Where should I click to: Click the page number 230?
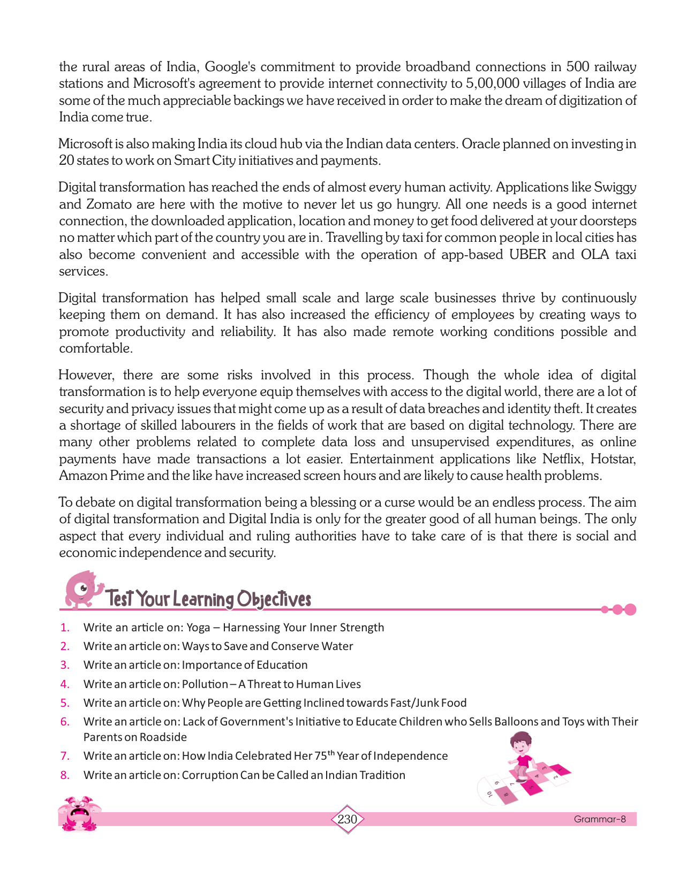tap(347, 819)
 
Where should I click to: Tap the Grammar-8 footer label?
tap(599, 819)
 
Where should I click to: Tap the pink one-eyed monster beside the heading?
tap(81, 589)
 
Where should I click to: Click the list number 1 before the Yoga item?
tap(65, 628)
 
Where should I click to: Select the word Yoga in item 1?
tap(198, 628)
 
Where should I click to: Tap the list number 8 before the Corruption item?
tap(65, 775)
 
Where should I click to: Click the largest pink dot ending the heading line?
tap(630, 609)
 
